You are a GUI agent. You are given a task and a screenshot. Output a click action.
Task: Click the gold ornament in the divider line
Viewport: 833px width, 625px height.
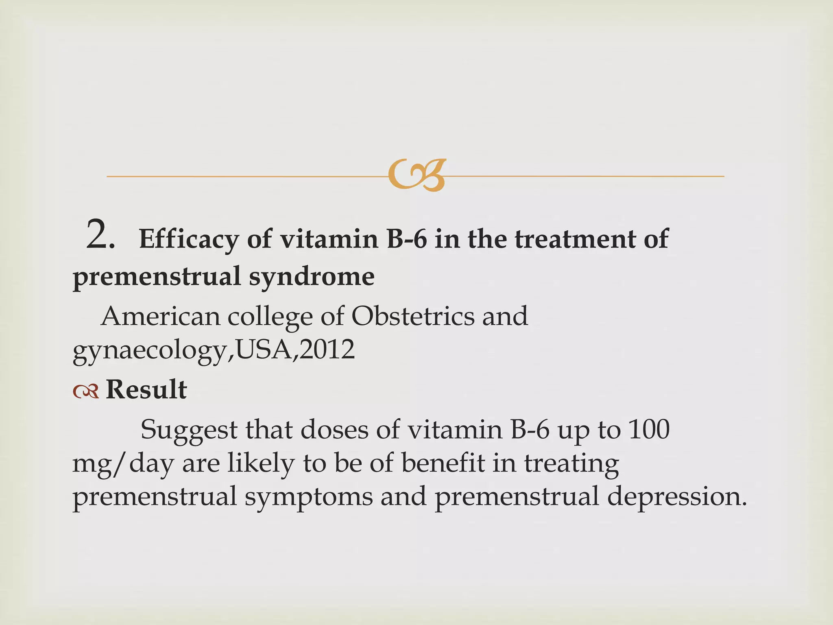point(417,175)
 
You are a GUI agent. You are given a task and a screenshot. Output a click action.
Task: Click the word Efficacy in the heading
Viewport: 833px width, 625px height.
point(189,239)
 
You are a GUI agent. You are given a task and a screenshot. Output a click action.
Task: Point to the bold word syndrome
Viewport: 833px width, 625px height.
point(312,277)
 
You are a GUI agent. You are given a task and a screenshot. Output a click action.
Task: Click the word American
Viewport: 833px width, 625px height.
point(160,316)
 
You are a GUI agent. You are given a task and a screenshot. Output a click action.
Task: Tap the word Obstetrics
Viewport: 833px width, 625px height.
point(413,316)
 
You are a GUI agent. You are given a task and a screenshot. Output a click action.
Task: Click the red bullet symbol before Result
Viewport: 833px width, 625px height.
point(86,391)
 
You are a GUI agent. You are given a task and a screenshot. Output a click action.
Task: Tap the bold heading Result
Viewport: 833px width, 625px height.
point(146,389)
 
